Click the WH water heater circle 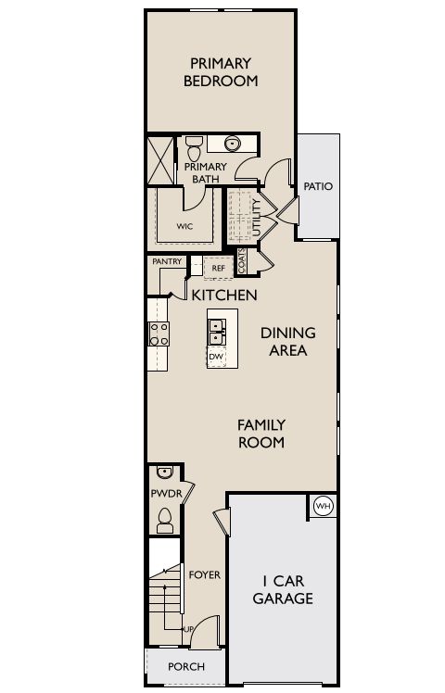tap(324, 507)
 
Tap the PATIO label tap(318, 186)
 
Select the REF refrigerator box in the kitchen tap(219, 268)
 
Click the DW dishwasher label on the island tap(216, 357)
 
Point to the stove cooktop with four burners tap(159, 334)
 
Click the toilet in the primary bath tap(194, 148)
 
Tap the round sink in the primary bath tap(232, 144)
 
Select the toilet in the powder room tap(165, 520)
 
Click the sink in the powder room tap(164, 472)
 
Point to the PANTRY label tap(167, 261)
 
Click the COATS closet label tap(242, 261)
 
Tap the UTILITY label tap(256, 217)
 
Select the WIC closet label tap(184, 226)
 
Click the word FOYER tap(204, 574)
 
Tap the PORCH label tap(186, 666)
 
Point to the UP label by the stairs tap(188, 629)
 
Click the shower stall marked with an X tap(160, 160)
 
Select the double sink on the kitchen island tap(217, 333)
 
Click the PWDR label tap(167, 493)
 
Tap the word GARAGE tap(283, 598)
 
